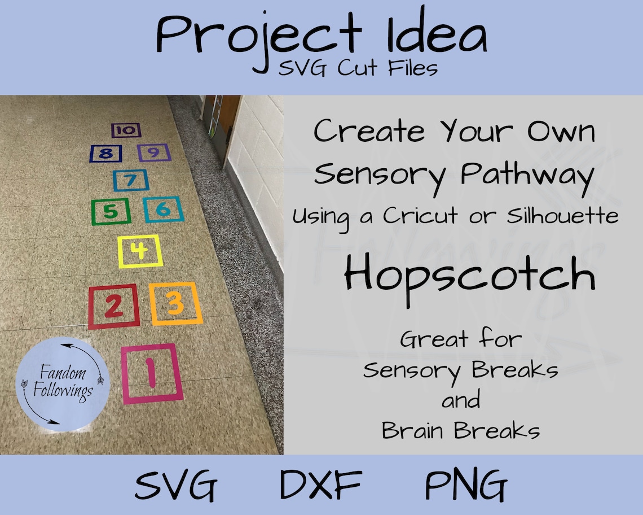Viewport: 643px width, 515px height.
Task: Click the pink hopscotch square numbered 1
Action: (152, 373)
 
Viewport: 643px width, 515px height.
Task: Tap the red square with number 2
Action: (113, 307)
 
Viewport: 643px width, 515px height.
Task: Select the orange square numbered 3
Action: (175, 304)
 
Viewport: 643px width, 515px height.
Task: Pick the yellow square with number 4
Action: (140, 252)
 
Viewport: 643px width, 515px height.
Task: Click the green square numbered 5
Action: (111, 212)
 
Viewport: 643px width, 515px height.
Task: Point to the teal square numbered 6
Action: (163, 210)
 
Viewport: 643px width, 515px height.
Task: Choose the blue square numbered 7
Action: (131, 180)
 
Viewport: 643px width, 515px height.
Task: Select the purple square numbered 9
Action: (154, 152)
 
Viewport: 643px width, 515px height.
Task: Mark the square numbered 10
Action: (126, 130)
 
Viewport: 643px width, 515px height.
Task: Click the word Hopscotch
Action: (469, 275)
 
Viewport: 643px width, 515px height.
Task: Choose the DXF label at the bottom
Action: (321, 485)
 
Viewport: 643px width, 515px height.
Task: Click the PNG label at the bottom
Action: (466, 485)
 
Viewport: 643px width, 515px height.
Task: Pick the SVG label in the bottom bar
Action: (176, 485)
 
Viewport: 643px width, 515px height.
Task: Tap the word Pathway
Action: (527, 173)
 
